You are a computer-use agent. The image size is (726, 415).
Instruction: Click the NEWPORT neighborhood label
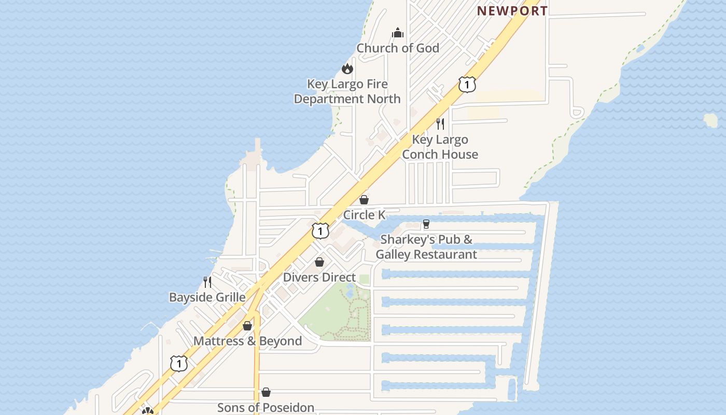pyautogui.click(x=512, y=11)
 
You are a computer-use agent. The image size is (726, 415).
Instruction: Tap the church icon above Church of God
pyautogui.click(x=398, y=33)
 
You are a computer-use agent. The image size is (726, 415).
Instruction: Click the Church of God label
pyautogui.click(x=398, y=48)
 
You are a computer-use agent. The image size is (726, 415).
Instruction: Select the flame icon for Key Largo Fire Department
pyautogui.click(x=347, y=68)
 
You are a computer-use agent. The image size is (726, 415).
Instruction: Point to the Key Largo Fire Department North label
pyautogui.click(x=347, y=91)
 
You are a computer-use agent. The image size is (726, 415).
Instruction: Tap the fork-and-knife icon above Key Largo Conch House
pyautogui.click(x=440, y=123)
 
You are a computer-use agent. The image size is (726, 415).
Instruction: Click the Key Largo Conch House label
pyautogui.click(x=440, y=147)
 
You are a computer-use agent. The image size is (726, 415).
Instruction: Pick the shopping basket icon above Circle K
pyautogui.click(x=364, y=200)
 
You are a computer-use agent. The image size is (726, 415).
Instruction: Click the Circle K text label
pyautogui.click(x=364, y=215)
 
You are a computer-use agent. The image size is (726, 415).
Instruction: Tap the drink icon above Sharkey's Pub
pyautogui.click(x=426, y=224)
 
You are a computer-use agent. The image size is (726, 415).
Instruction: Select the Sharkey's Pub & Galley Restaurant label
pyautogui.click(x=426, y=247)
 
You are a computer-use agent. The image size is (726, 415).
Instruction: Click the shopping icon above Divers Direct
pyautogui.click(x=319, y=262)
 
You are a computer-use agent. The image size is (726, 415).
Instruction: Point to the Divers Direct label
pyautogui.click(x=319, y=278)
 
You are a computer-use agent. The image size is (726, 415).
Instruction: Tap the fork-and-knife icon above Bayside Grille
pyautogui.click(x=207, y=282)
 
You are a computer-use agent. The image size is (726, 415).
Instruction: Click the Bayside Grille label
pyautogui.click(x=207, y=297)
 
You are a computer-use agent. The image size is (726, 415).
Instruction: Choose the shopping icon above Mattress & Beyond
pyautogui.click(x=247, y=326)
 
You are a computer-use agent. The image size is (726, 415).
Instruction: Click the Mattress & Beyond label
pyautogui.click(x=247, y=341)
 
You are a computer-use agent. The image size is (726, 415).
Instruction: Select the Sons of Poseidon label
pyautogui.click(x=266, y=408)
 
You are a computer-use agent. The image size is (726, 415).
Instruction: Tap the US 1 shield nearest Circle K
pyautogui.click(x=320, y=231)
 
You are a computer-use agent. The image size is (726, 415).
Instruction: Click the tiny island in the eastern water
pyautogui.click(x=710, y=120)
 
